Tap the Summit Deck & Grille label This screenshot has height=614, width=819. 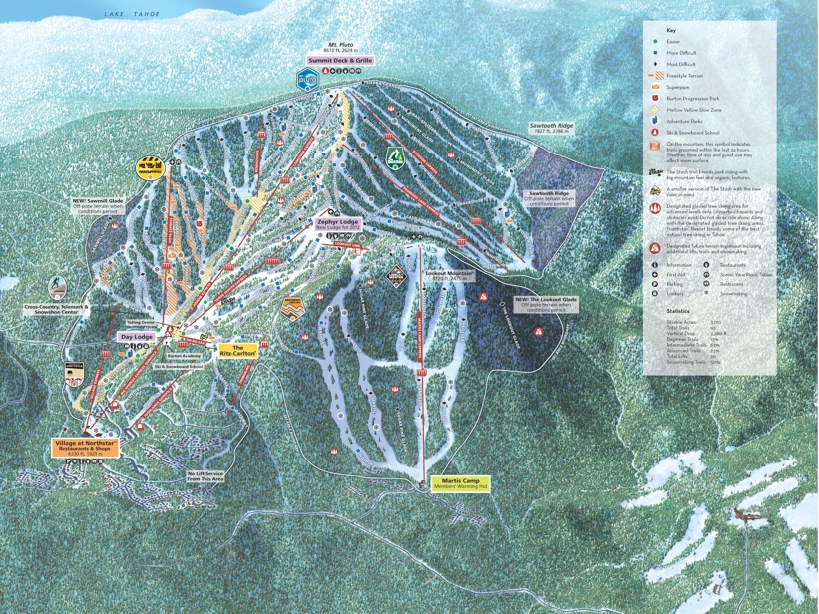click(x=340, y=60)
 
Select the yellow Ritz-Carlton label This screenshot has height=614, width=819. click(x=245, y=350)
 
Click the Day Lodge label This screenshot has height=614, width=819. click(x=137, y=337)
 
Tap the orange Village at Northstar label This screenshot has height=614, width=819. click(x=87, y=447)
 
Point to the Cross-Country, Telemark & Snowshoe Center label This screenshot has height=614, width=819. click(x=57, y=311)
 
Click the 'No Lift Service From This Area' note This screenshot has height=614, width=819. click(x=205, y=476)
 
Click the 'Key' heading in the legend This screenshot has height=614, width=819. click(x=671, y=30)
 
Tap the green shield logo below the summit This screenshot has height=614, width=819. click(x=394, y=157)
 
